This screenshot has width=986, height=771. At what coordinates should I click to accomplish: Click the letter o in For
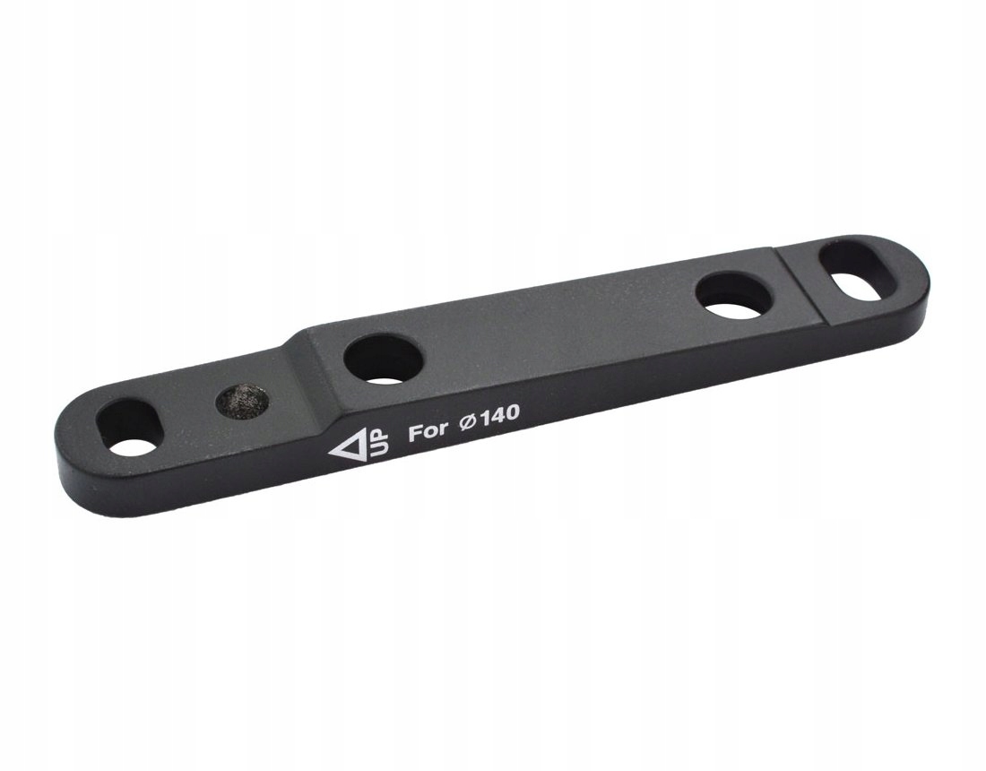coord(429,430)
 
